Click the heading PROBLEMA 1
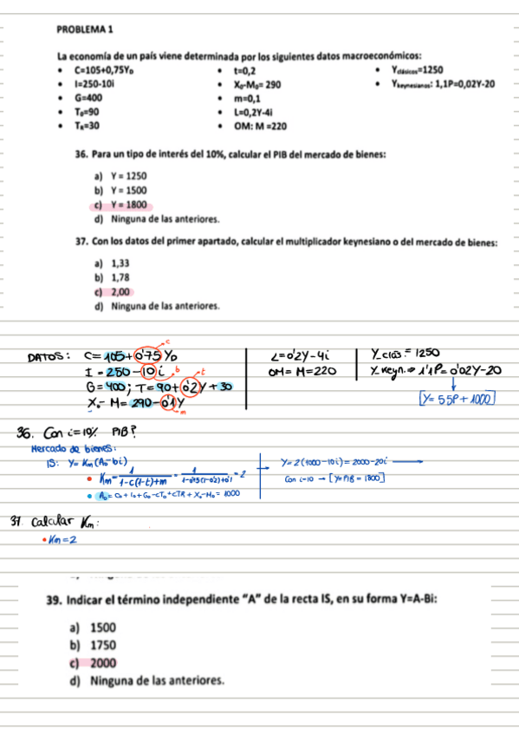click(x=81, y=29)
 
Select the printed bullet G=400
click(x=90, y=98)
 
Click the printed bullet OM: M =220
click(x=260, y=126)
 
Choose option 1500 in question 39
click(x=103, y=627)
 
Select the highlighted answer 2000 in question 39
click(x=103, y=662)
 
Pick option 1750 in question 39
click(x=103, y=645)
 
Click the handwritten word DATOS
click(x=49, y=355)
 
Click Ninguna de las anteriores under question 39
click(x=157, y=680)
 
